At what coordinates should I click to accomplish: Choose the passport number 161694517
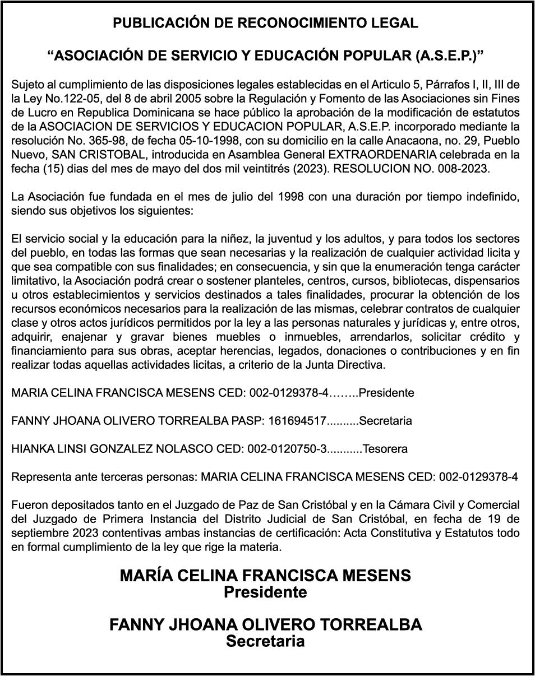click(x=297, y=421)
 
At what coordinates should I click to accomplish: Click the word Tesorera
click(x=385, y=449)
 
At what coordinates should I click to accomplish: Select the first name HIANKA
click(x=31, y=449)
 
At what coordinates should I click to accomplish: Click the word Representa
click(x=40, y=477)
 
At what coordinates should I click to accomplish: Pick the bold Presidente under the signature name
click(x=265, y=592)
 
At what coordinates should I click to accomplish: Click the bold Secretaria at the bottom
click(x=265, y=641)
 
